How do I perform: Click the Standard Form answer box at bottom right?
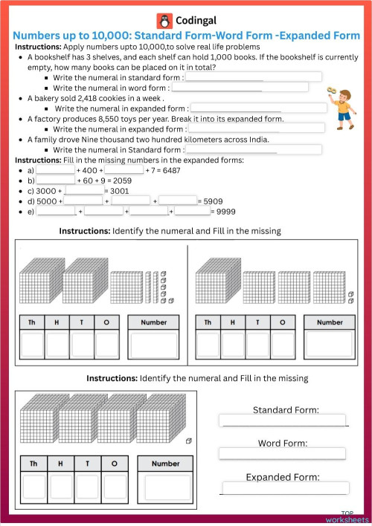tap(283, 421)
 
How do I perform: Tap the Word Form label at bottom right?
tap(283, 444)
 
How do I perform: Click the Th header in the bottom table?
tap(33, 464)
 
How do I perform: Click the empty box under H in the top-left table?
tap(58, 345)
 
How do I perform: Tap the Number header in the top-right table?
tap(330, 322)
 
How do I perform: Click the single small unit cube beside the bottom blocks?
tap(189, 441)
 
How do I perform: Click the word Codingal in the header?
tap(199, 21)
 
